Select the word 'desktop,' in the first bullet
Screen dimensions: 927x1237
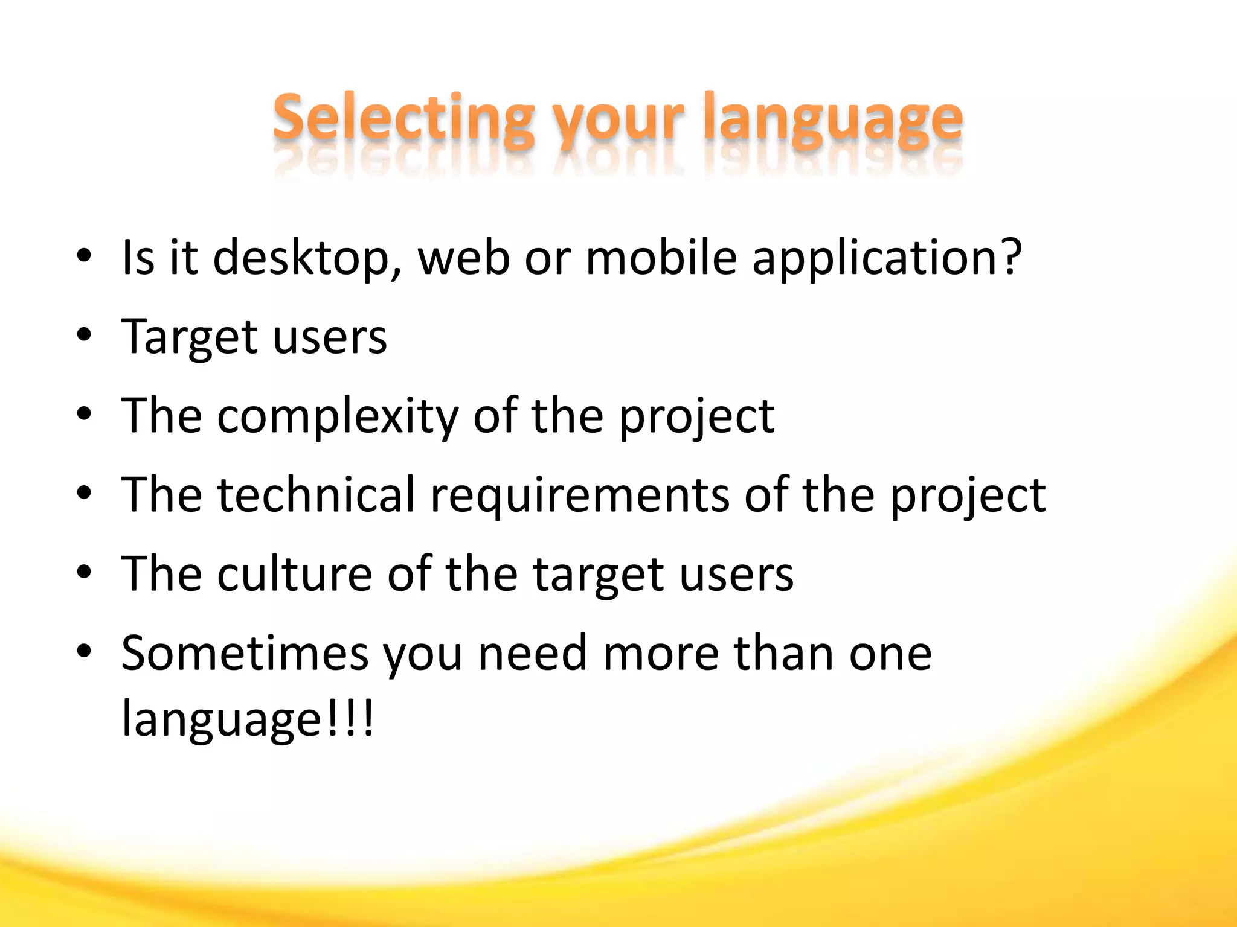point(307,258)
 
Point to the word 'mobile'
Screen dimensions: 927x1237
point(661,257)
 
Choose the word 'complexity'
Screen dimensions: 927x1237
point(338,416)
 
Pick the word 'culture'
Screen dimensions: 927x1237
point(295,573)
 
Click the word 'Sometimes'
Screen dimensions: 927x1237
point(245,653)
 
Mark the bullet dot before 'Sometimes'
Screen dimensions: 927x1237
point(84,651)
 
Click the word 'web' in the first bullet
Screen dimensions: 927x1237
point(463,257)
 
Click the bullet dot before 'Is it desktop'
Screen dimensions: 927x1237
point(84,256)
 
